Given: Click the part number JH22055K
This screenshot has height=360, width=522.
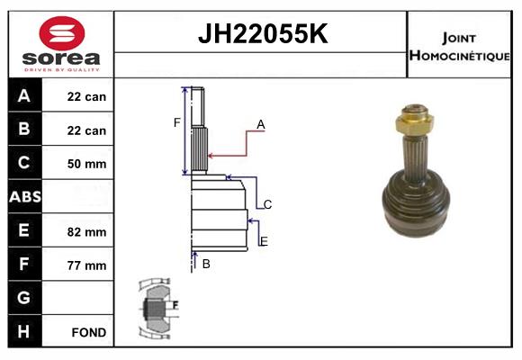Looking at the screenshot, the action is coord(263,33).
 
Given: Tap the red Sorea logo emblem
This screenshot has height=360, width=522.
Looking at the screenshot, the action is coord(62,33).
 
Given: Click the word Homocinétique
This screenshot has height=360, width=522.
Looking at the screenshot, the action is coord(459,56).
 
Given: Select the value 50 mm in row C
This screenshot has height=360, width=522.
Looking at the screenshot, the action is coord(86,164).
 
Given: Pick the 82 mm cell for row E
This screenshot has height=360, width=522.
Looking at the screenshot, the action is coord(86,232).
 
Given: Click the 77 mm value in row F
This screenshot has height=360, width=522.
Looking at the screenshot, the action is coord(86,265).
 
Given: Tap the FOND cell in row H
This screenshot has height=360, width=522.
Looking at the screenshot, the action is coord(89,332).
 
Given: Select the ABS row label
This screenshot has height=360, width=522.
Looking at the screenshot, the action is coord(25,196).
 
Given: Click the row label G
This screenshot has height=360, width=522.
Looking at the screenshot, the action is coord(23,297).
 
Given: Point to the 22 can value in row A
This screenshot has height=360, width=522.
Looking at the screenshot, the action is coord(86,96).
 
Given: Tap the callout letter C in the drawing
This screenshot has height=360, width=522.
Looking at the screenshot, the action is coord(267,204).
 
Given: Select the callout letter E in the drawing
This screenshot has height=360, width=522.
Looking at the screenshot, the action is coord(264,241).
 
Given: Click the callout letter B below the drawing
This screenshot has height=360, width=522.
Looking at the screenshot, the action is coord(206,264).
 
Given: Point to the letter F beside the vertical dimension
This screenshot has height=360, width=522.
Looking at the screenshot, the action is coord(176,122).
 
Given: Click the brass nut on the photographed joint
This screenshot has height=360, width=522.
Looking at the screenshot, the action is coord(414,121).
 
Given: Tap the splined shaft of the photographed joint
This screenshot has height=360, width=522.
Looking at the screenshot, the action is coord(415,157).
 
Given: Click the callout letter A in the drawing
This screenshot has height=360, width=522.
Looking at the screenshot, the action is coord(261,124).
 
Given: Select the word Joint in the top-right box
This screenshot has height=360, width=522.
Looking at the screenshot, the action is coord(459,39).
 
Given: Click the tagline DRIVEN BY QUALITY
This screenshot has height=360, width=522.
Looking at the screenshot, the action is coord(62,70).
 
